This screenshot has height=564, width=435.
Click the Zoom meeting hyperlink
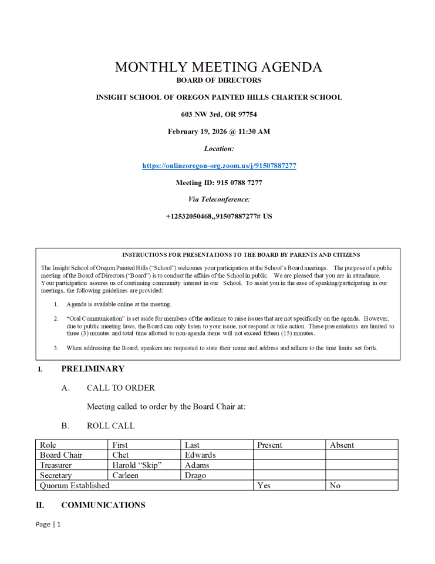coord(219,166)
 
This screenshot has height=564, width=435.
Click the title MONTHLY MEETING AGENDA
coord(218,67)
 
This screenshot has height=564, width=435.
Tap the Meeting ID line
coord(219,183)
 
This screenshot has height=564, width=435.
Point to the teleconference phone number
coord(219,216)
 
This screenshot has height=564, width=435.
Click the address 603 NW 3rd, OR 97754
coord(219,115)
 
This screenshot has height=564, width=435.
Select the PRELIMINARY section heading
coord(93,369)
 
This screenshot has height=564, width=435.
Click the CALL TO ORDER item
coord(121,388)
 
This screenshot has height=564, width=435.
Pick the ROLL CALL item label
coord(110,426)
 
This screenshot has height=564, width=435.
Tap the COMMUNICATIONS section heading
coord(103,505)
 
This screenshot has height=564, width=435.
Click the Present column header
coord(269,445)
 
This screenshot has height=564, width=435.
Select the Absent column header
coord(342,445)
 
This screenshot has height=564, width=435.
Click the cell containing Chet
coord(120,455)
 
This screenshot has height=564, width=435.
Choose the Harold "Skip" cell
coord(137,465)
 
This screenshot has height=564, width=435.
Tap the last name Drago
coord(195,475)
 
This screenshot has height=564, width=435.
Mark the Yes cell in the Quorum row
coord(264,486)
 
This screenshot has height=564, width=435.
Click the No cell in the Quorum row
coord(335,486)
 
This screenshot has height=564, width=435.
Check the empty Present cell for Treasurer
coord(289,465)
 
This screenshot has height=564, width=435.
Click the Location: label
coord(219,149)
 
